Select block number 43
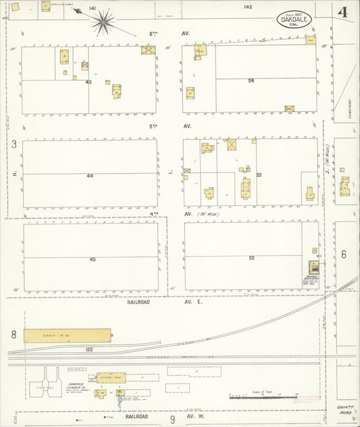[88, 82]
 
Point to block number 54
[251, 80]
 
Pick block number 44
[90, 176]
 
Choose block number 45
[93, 259]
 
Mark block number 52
[251, 257]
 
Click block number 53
[259, 175]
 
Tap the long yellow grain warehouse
[68, 334]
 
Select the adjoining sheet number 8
[14, 334]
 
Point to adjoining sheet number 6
[343, 254]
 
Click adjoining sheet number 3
[14, 144]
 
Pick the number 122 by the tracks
[89, 349]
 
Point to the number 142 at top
[248, 7]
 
